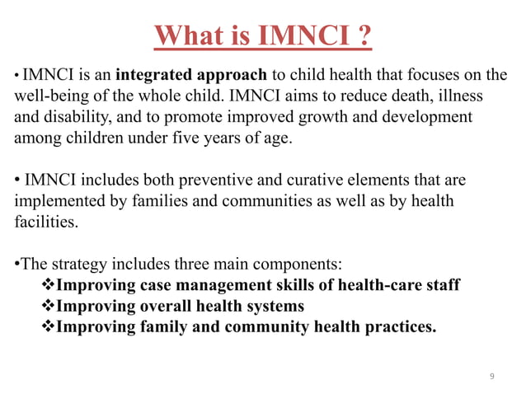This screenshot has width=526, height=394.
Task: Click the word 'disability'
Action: pyautogui.click(x=84, y=118)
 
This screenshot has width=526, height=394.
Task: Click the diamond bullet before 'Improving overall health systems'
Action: pyautogui.click(x=48, y=307)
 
